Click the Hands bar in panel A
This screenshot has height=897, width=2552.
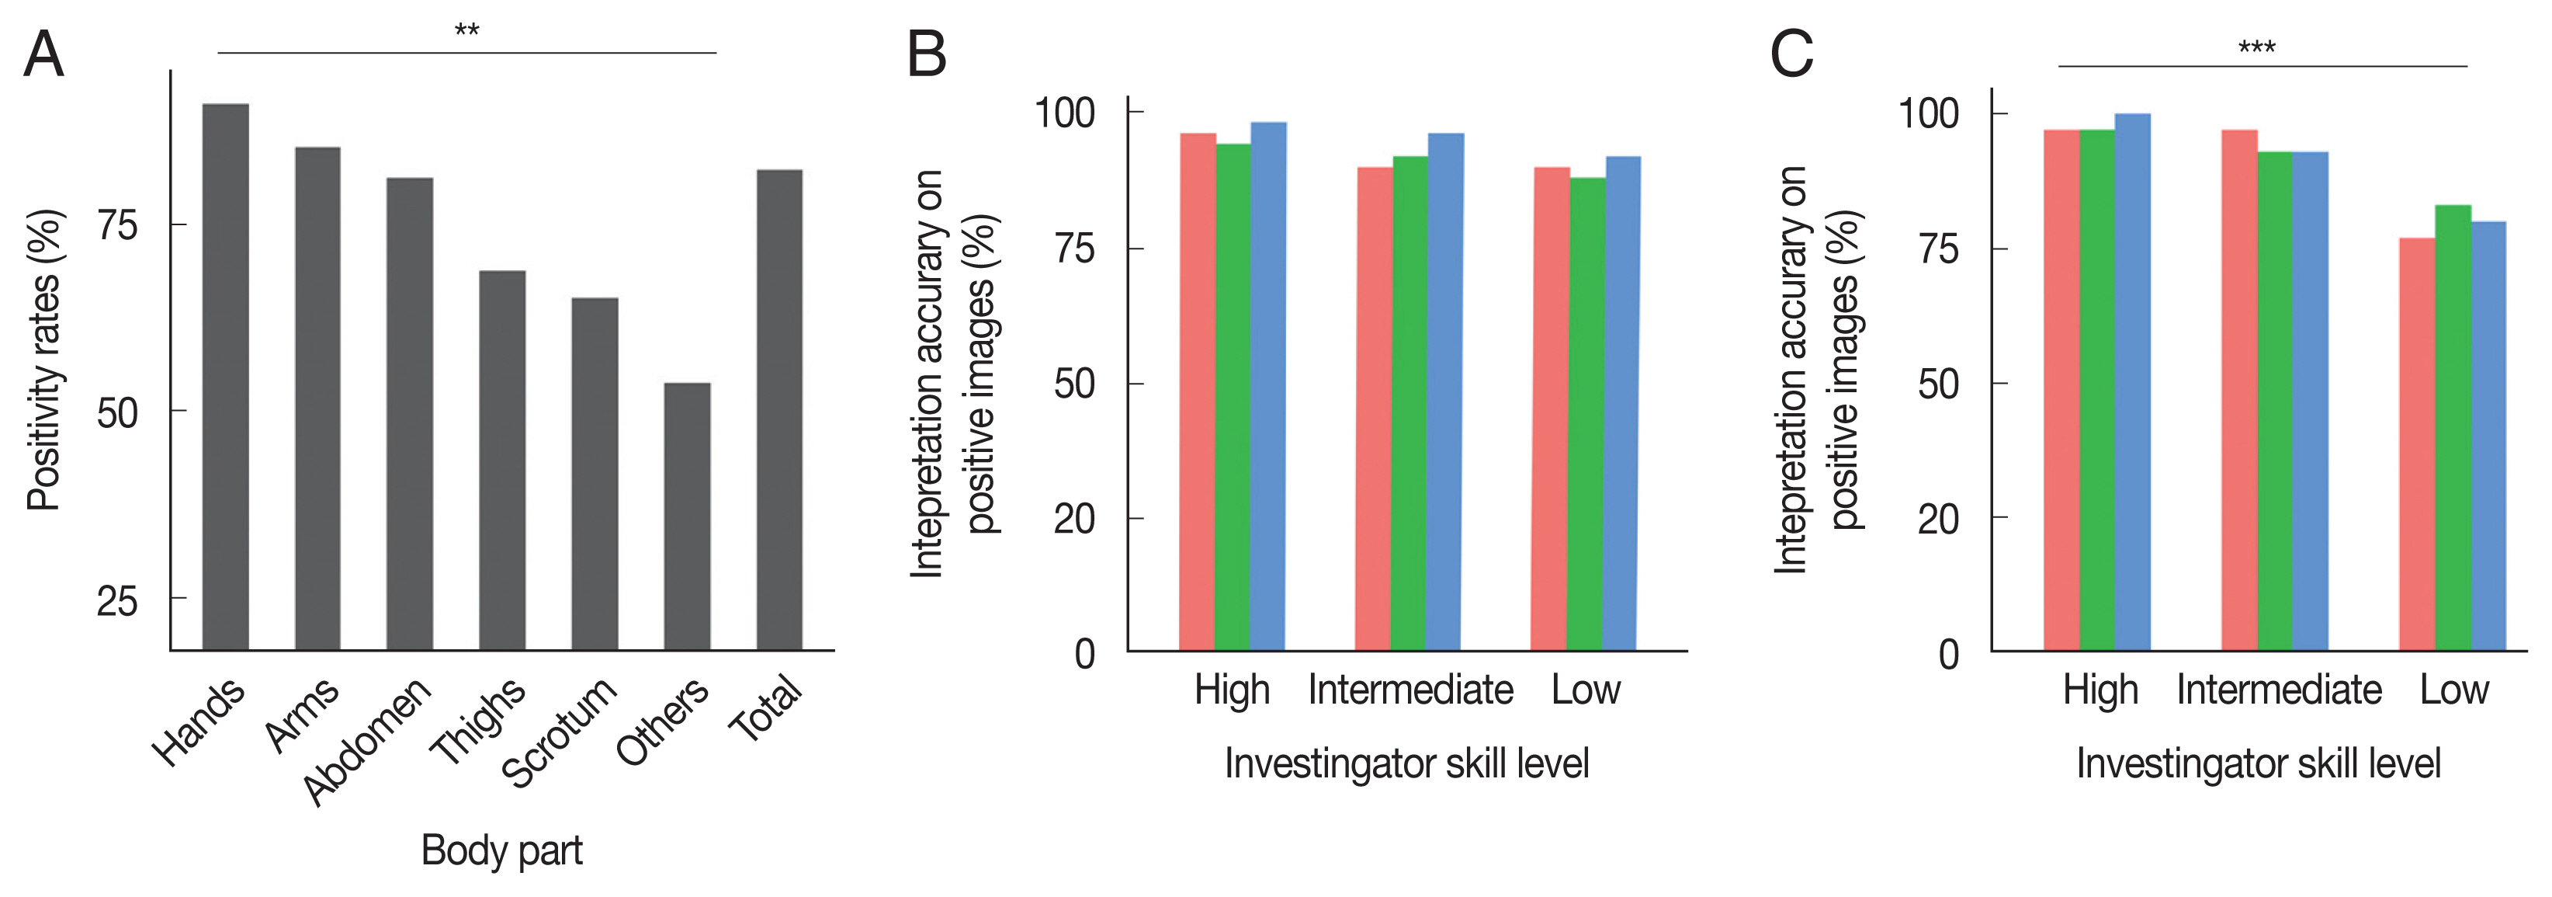[225, 377]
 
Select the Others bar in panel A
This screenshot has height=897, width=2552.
[687, 516]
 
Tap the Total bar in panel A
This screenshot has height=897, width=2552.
[780, 409]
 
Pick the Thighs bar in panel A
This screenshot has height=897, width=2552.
[502, 460]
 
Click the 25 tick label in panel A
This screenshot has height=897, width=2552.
[117, 600]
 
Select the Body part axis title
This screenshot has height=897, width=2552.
[501, 850]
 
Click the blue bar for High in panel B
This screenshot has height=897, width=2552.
[1268, 387]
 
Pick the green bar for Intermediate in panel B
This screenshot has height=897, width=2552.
[1409, 403]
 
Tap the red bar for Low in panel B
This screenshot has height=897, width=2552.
[1552, 409]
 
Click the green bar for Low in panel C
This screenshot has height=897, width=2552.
[2453, 427]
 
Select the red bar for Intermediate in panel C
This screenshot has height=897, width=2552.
[2239, 390]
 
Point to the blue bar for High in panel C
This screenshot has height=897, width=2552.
[2132, 381]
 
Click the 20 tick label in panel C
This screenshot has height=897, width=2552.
[1938, 518]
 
